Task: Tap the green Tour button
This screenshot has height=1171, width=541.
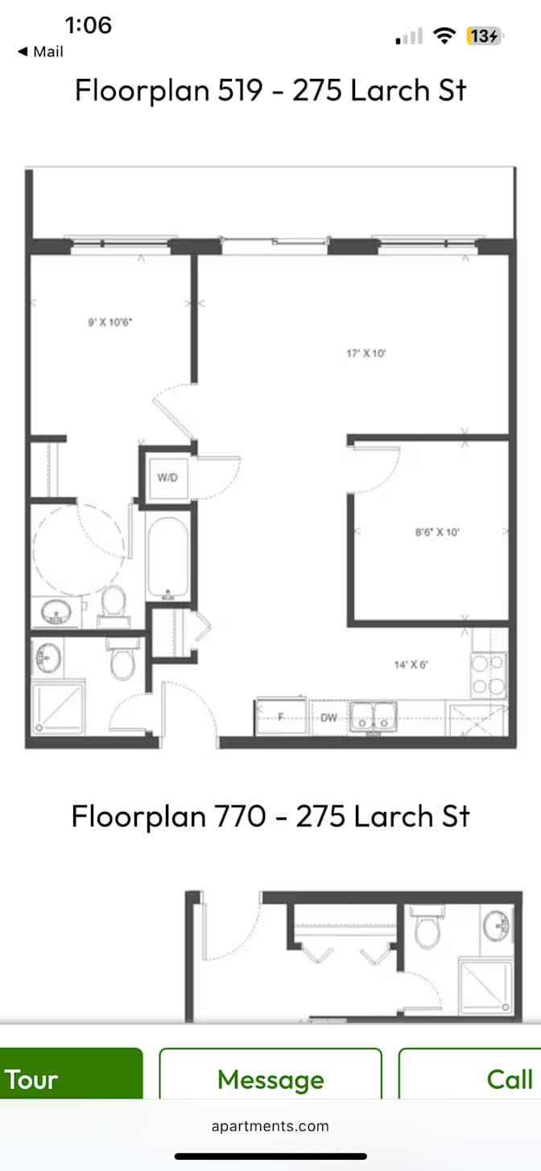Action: pyautogui.click(x=71, y=1078)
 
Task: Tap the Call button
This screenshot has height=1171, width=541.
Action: pyautogui.click(x=470, y=1078)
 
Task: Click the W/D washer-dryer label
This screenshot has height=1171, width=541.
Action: pyautogui.click(x=167, y=478)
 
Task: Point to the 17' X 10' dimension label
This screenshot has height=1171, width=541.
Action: pyautogui.click(x=365, y=354)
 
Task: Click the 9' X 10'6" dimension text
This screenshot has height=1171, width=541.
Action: pyautogui.click(x=109, y=322)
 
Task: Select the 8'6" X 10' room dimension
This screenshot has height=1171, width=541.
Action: pyautogui.click(x=437, y=532)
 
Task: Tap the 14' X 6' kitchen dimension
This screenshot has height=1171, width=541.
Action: pyautogui.click(x=411, y=665)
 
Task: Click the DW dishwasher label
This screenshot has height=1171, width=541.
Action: pyautogui.click(x=328, y=718)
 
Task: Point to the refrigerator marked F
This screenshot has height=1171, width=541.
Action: pyautogui.click(x=281, y=717)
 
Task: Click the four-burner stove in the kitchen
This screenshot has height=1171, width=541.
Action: pyautogui.click(x=488, y=676)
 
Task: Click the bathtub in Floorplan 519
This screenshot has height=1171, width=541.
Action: pyautogui.click(x=167, y=557)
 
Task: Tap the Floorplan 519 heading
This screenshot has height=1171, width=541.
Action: pyautogui.click(x=270, y=90)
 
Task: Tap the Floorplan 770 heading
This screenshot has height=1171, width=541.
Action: pyautogui.click(x=270, y=816)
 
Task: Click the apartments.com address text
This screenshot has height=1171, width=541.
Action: pyautogui.click(x=270, y=1126)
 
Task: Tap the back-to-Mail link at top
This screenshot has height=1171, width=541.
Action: pyautogui.click(x=40, y=52)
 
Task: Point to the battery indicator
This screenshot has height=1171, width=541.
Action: pyautogui.click(x=484, y=36)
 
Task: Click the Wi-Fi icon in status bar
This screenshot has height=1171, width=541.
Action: pyautogui.click(x=444, y=36)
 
